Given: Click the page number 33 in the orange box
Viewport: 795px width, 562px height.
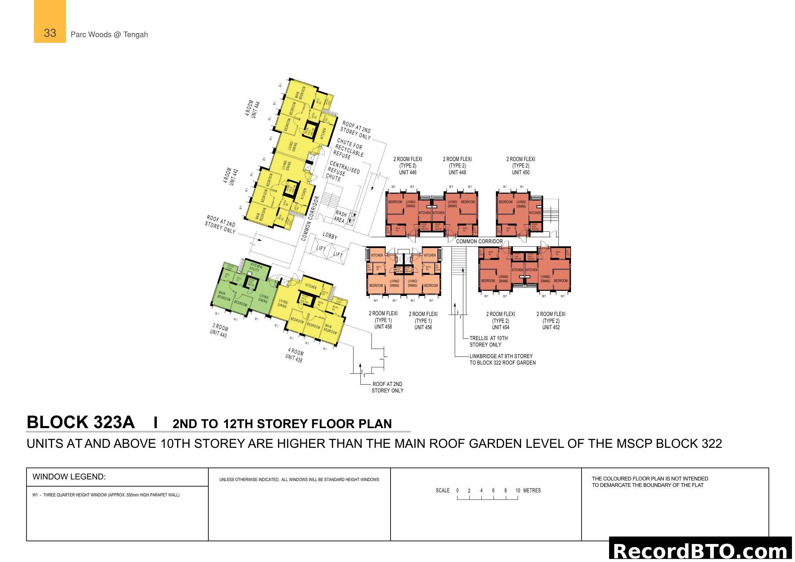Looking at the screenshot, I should (x=50, y=33).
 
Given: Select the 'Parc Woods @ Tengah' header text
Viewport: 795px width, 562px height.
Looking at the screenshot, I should (x=109, y=35).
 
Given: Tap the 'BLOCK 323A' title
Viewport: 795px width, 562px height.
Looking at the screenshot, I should (x=81, y=423).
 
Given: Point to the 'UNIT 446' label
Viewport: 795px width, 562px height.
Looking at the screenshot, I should (x=408, y=172).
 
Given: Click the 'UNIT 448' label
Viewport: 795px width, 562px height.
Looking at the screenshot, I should (x=457, y=172).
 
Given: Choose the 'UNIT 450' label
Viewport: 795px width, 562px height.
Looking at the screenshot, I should (x=520, y=172).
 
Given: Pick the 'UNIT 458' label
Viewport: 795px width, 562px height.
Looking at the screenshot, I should (x=383, y=327).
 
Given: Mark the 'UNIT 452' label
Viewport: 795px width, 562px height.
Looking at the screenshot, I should (x=551, y=327).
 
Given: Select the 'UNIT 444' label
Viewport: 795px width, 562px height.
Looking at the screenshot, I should (x=256, y=110).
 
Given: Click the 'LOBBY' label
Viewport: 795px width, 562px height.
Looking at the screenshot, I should (x=330, y=236).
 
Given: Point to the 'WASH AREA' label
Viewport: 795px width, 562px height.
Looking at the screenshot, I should (x=340, y=217).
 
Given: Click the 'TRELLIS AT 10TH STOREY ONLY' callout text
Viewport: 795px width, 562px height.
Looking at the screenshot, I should (x=488, y=341).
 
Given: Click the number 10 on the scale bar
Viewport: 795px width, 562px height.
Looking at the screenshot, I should (x=518, y=490).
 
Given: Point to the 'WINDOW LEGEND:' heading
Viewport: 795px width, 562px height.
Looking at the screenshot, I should (x=69, y=476).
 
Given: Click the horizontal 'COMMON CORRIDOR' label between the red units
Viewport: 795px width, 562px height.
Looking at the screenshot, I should (x=479, y=242).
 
